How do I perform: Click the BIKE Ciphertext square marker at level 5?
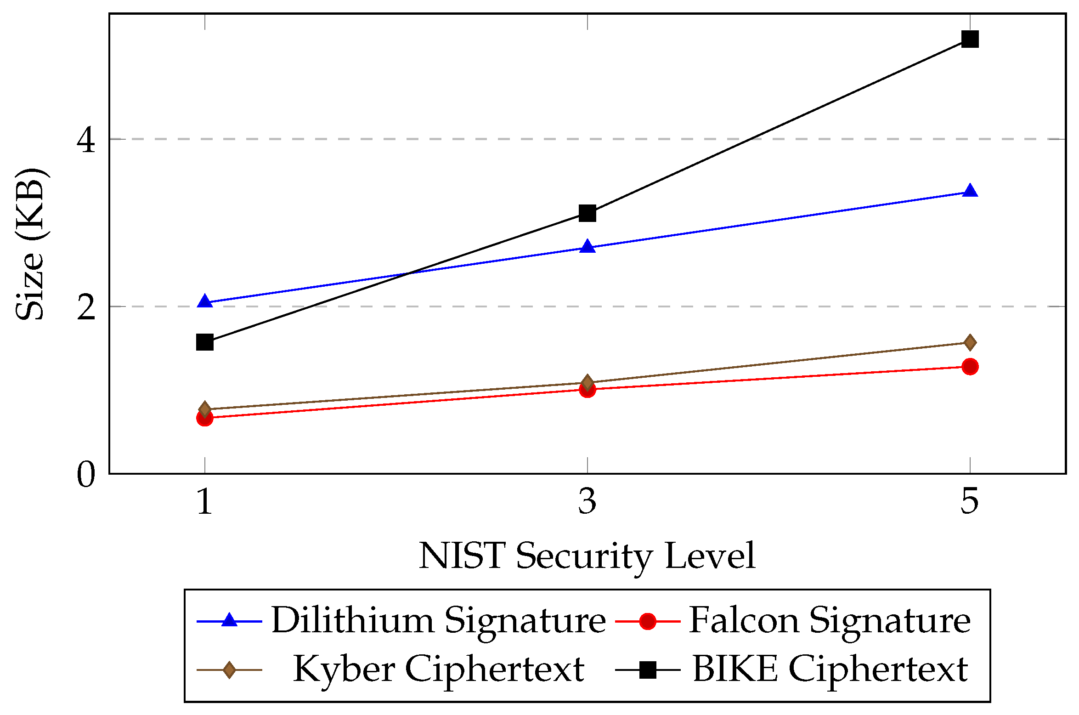(970, 39)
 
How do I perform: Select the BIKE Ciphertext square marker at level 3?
(588, 213)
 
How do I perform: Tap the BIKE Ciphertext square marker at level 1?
(205, 342)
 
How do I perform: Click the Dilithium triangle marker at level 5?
(970, 191)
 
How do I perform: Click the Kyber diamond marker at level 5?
(970, 342)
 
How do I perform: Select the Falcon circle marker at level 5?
(970, 366)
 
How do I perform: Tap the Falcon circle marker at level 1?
(205, 418)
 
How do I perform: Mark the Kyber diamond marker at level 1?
(205, 409)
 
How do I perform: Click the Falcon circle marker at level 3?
(588, 390)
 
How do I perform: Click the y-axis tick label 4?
(86, 140)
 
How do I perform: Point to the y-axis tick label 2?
(86, 307)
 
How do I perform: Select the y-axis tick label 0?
(86, 474)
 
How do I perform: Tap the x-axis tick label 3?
(588, 501)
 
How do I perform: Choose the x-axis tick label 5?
(970, 501)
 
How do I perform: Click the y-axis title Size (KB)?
(30, 244)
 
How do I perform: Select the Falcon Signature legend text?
(830, 621)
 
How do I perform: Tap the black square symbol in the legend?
(648, 670)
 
